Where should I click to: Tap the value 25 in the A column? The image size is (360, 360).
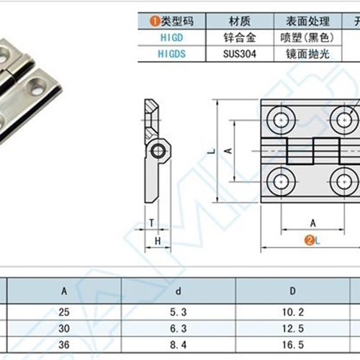click(x=65, y=312)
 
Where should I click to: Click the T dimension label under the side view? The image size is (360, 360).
click(x=152, y=222)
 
